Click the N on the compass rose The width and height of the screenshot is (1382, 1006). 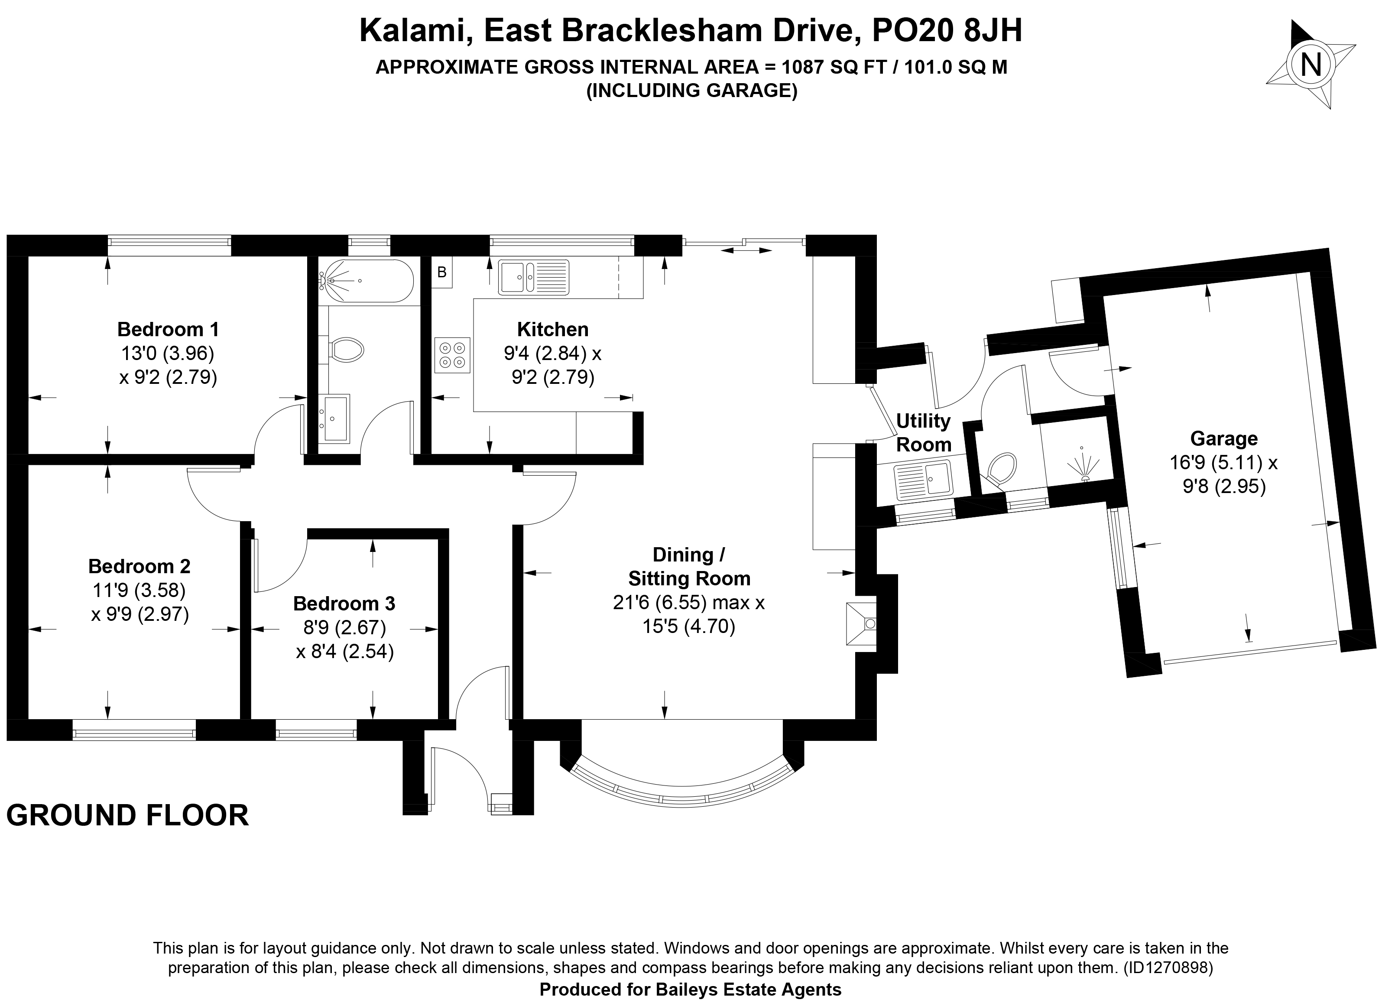tap(1311, 65)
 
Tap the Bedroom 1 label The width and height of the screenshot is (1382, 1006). tap(168, 330)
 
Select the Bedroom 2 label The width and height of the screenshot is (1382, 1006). tap(139, 567)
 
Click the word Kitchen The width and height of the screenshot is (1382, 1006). tap(553, 330)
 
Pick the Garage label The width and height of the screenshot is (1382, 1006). tap(1223, 439)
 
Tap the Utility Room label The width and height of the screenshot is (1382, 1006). tap(924, 433)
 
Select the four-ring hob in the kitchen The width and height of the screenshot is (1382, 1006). tap(453, 355)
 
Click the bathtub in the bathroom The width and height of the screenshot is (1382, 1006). tap(366, 281)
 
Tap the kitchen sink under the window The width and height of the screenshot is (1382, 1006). tap(534, 277)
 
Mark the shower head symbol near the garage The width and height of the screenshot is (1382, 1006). tap(1082, 464)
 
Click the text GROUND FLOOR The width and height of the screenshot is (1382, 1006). tap(127, 816)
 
